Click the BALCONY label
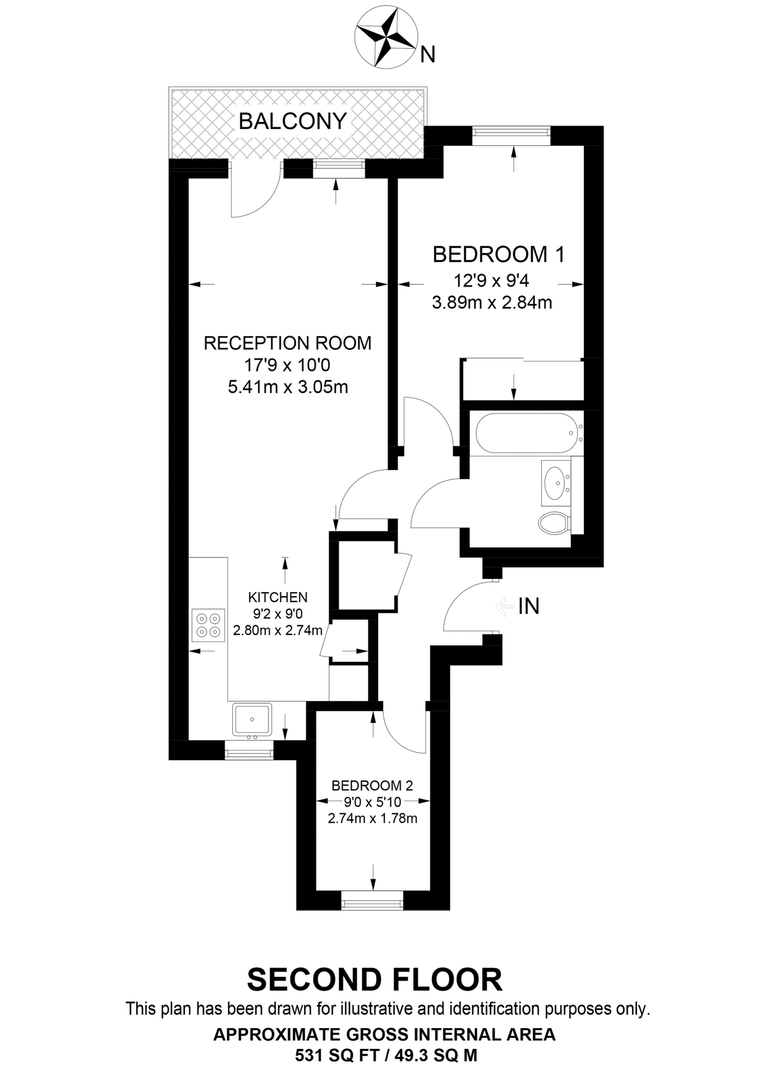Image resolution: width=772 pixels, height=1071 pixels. (292, 121)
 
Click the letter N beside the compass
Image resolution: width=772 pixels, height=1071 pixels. (427, 55)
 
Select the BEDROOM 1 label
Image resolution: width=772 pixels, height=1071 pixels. (498, 255)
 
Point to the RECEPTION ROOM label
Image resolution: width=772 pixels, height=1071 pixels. (287, 343)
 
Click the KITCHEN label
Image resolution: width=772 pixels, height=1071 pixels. (278, 597)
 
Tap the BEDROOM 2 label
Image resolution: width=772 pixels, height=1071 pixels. (372, 785)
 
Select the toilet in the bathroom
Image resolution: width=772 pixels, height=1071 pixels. (554, 523)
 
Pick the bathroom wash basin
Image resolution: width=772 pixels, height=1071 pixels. (555, 481)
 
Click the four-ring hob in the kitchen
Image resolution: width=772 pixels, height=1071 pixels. (208, 625)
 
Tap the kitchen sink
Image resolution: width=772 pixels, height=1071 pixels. (252, 719)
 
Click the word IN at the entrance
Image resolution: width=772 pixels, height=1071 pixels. (529, 606)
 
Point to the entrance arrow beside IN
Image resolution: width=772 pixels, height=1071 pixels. (504, 606)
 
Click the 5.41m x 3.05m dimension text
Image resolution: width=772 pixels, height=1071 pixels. (287, 387)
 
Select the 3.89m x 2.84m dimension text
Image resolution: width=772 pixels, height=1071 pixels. (492, 303)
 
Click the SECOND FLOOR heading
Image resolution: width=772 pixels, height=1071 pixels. (374, 979)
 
